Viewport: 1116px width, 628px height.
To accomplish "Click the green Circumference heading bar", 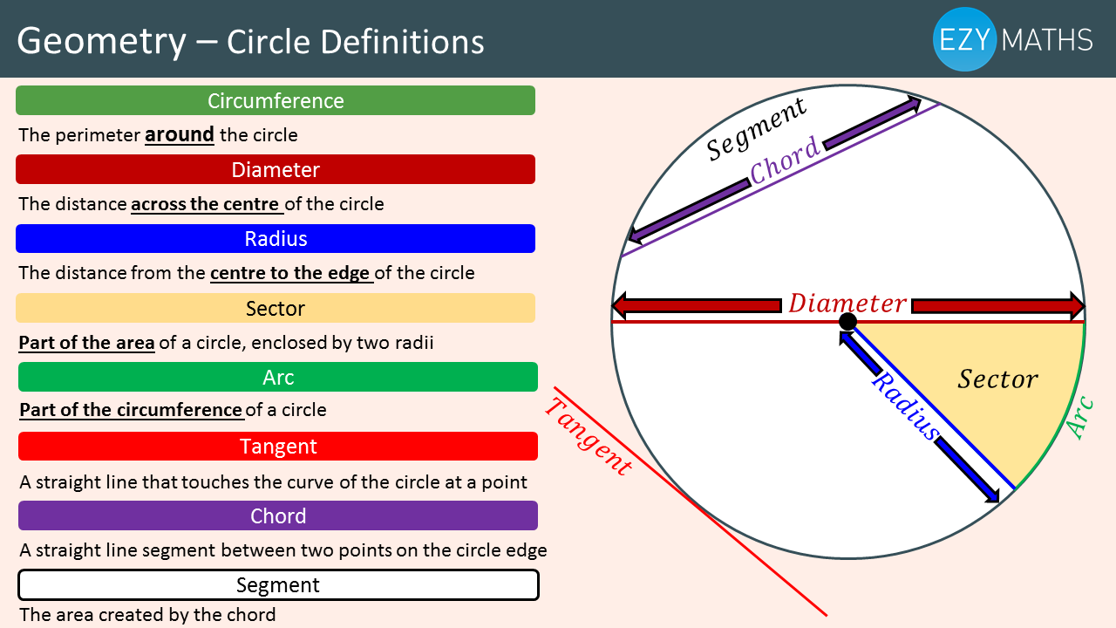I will pos(276,100).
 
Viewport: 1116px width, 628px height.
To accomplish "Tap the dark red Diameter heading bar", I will pos(276,169).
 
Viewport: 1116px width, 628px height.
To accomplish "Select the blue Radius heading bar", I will pos(276,238).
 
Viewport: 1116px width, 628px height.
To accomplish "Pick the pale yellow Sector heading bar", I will pos(276,308).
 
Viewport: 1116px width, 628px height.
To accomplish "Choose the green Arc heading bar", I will pos(278,377).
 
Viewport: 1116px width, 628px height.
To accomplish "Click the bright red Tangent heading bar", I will pos(278,446).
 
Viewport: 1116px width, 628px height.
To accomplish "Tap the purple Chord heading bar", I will pos(278,515).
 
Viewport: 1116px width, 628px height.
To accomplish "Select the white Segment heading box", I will pos(278,584).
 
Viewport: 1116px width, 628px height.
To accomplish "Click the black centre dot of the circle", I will pos(847,323).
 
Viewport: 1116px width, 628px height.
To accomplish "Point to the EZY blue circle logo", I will pos(964,39).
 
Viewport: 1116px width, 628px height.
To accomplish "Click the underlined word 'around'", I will pos(180,135).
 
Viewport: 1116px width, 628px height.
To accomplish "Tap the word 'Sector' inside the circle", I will pos(997,379).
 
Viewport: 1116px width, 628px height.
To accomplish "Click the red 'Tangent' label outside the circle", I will pos(588,436).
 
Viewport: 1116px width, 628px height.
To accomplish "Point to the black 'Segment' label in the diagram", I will pos(756,129).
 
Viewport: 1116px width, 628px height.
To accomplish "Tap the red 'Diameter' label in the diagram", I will pos(847,304).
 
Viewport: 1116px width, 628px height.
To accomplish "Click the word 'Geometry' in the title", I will pos(101,41).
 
